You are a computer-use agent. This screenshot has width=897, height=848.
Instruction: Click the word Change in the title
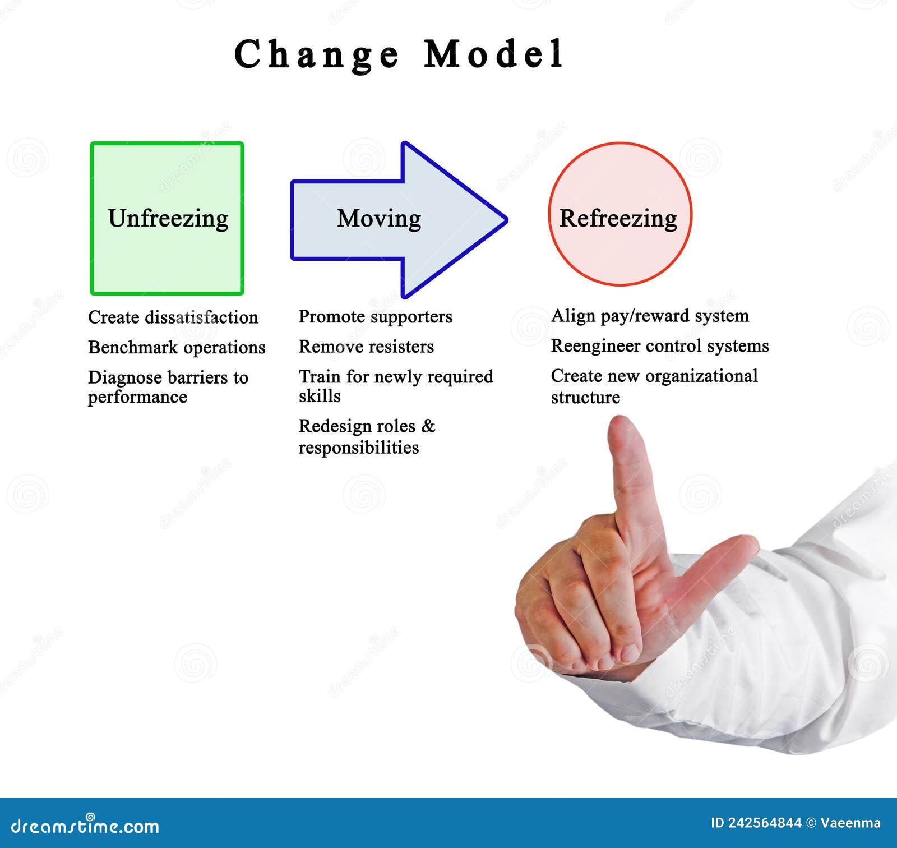[317, 54]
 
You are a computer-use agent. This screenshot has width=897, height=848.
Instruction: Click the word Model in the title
[493, 54]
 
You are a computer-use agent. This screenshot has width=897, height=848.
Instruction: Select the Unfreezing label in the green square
[168, 218]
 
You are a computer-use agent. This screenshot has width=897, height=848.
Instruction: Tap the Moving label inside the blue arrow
[379, 218]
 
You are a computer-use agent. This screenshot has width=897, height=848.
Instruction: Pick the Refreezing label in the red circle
[618, 218]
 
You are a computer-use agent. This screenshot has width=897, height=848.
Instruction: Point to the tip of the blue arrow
[506, 220]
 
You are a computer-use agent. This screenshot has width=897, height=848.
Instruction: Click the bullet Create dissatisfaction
[173, 317]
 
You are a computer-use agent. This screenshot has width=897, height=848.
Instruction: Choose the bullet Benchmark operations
[177, 348]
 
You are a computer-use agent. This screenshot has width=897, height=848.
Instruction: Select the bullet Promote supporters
[375, 317]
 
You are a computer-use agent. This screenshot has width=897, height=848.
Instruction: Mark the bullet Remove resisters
[366, 347]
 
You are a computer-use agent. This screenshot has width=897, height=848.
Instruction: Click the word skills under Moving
[320, 397]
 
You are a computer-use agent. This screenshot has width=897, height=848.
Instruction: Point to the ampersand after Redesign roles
[428, 426]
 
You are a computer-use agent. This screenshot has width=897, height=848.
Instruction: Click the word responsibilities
[359, 448]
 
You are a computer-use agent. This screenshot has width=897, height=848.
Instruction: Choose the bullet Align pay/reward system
[650, 316]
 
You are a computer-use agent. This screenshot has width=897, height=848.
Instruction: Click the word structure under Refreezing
[585, 398]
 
